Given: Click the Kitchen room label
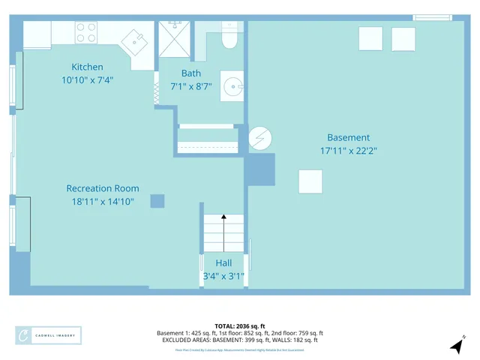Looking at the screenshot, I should tap(87, 67).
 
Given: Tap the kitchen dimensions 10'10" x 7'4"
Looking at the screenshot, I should tap(87, 79).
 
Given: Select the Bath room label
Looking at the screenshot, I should tap(190, 73).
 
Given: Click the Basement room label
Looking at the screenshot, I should tap(348, 137).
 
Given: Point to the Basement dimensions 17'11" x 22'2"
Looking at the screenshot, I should tap(348, 150).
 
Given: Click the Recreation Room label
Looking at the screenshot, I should tap(103, 188).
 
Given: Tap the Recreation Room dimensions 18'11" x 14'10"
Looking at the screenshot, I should tap(103, 201).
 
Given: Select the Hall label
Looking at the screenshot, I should tap(223, 263).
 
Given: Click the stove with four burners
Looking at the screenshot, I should tap(86, 32).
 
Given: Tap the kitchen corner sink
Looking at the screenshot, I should tap(135, 41).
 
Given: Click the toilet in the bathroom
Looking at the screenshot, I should tap(229, 38).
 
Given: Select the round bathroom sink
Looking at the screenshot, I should tap(233, 86).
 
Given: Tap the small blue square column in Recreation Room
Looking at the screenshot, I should tap(157, 201).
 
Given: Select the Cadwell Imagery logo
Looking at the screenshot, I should tap(49, 335).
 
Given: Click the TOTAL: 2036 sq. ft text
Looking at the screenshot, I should tap(239, 326).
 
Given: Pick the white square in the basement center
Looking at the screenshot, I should tap(310, 181).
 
